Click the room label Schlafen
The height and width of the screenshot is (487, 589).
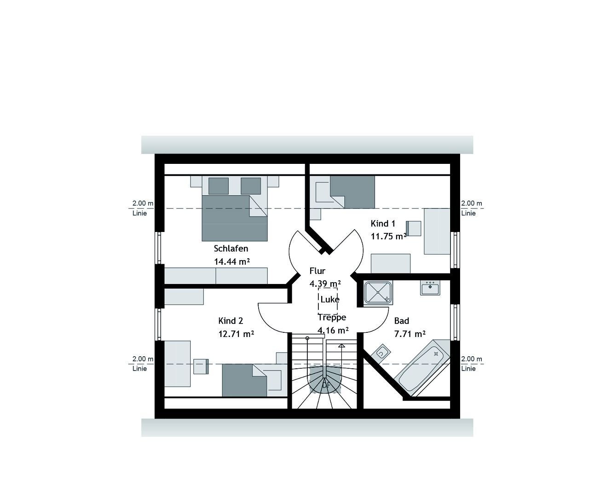coord(231,249)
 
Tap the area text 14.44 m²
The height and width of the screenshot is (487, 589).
coord(232,261)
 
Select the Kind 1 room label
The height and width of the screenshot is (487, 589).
coord(383,224)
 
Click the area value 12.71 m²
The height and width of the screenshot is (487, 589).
coord(236,334)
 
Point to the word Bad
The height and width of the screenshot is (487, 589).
coord(401,321)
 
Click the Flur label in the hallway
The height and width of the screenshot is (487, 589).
coord(318,271)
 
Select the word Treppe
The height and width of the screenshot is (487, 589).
coord(332,318)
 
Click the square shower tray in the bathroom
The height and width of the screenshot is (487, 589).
coord(378,293)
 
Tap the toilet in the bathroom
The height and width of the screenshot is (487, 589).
coord(381,353)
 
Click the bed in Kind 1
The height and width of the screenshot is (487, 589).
coord(352,191)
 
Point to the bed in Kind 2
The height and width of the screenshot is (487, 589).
coord(244,380)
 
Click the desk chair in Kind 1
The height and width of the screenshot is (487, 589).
coord(413,228)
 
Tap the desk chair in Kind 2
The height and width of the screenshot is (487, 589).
coord(201,366)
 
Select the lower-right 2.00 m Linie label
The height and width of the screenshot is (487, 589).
coord(471,364)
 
